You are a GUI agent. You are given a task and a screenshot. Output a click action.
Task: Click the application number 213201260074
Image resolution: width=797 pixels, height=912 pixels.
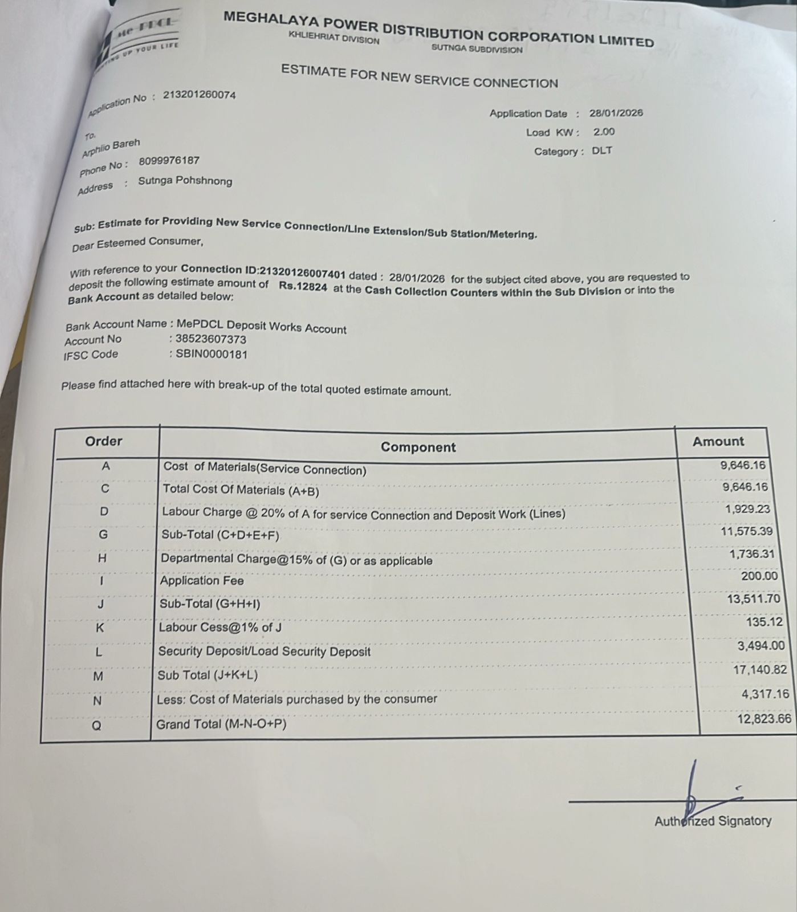tap(199, 95)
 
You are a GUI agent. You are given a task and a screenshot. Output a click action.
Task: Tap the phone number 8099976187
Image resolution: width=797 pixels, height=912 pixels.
tap(169, 161)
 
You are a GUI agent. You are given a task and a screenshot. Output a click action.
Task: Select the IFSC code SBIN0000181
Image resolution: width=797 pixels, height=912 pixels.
tap(212, 354)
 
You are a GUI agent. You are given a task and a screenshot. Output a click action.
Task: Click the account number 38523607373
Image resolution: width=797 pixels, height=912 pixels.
tap(211, 339)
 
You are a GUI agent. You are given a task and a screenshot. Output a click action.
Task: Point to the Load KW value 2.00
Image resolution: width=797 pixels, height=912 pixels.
tap(604, 132)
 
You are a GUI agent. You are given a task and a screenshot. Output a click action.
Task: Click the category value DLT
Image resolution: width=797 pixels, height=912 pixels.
tap(602, 151)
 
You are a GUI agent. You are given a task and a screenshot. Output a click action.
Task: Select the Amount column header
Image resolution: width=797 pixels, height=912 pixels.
tap(718, 441)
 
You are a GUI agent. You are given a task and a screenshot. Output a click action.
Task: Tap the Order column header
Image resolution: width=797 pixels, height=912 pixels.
tap(104, 441)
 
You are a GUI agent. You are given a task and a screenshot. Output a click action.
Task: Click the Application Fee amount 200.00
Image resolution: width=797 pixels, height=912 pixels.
tap(759, 576)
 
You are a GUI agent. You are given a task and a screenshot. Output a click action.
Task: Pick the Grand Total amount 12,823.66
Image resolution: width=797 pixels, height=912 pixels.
tap(764, 719)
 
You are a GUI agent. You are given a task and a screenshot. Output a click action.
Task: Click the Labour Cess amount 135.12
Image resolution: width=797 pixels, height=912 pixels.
tap(764, 622)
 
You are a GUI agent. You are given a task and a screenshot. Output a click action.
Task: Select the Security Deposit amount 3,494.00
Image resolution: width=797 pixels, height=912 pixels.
tap(761, 646)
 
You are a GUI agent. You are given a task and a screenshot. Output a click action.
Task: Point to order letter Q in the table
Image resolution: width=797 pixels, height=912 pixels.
tap(97, 726)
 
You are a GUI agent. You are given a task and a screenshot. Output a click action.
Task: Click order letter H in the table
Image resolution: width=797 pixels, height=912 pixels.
tap(102, 558)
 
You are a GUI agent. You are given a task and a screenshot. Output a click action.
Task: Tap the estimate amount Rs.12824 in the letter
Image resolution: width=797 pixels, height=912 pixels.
tap(303, 287)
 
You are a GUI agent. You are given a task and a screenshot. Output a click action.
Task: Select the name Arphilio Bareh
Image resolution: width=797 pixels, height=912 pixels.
tap(111, 148)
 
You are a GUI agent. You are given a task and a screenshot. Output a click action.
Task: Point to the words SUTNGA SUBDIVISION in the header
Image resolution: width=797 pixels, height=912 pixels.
tap(477, 49)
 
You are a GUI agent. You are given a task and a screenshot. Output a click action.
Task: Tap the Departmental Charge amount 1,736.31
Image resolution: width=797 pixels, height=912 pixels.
tap(752, 553)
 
